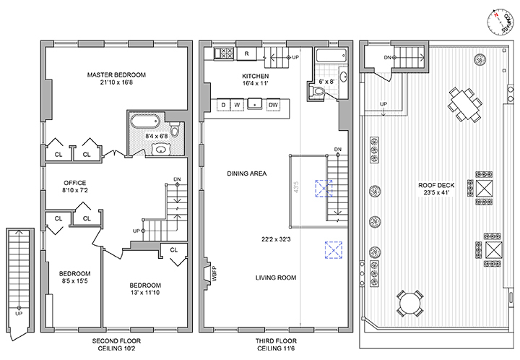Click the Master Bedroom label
pos(116,74)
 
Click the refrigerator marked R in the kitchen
pos(247,53)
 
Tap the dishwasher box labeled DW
pos(273,105)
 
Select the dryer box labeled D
pos(225,105)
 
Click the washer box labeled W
pos(238,105)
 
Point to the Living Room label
pos(277,277)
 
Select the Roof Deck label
pos(435,184)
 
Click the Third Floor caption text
pos(277,340)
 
